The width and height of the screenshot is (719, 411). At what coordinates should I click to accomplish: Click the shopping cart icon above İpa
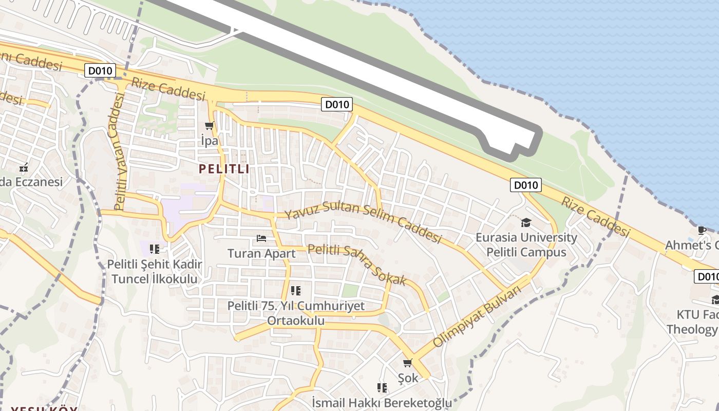pos(209,125)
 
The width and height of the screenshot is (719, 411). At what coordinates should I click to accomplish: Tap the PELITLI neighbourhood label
pos(224,169)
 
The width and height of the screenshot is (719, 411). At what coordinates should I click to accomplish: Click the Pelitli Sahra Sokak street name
pos(357,265)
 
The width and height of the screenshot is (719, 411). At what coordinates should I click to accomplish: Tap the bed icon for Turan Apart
pos(261,238)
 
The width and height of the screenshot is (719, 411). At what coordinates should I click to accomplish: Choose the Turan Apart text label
pos(261,253)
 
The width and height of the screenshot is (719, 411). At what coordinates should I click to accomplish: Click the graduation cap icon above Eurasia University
pos(526,222)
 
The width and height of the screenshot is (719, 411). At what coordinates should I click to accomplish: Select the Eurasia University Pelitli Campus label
pos(526,245)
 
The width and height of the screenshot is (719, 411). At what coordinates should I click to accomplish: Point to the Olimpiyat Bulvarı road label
pos(477,315)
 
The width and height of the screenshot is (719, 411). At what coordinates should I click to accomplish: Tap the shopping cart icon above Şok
pos(408,363)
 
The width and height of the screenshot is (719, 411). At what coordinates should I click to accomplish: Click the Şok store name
pos(408,378)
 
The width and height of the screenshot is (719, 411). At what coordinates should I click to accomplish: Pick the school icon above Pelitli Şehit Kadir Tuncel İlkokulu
pos(154,249)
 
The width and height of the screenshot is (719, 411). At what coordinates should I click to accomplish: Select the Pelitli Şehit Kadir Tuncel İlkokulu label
pos(154,272)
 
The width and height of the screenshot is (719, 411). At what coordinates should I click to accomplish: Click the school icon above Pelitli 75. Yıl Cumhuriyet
pos(295,291)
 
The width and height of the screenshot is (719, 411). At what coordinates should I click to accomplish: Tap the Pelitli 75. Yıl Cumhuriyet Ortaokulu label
pos(296,313)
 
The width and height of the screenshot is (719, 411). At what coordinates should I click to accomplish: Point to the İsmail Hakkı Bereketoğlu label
pos(382,402)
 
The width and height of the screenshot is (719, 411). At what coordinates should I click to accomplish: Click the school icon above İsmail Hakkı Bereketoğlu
pos(382,387)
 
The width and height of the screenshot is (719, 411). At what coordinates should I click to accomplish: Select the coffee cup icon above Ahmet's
pos(702,230)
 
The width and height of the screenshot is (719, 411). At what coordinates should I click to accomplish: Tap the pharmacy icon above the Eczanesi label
pos(23,167)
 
